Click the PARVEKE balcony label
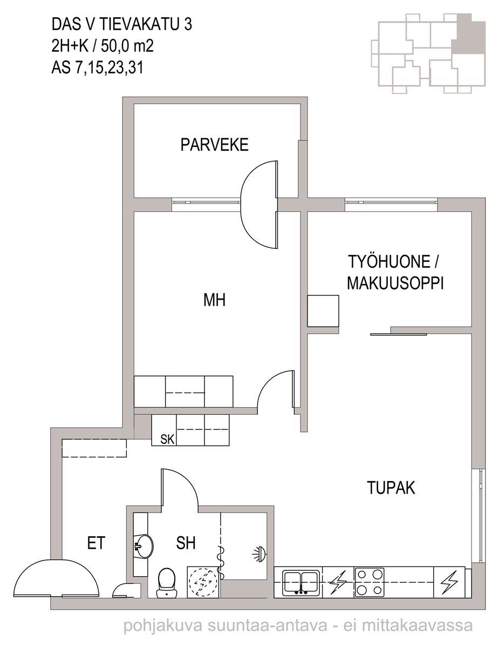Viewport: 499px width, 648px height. coord(214,145)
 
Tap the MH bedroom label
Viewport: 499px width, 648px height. coord(214,300)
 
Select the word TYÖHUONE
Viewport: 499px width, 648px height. coord(389,261)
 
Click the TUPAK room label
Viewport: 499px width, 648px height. coord(391,488)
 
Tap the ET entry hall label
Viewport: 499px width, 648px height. coord(96,543)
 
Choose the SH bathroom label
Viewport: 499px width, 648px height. coord(186,543)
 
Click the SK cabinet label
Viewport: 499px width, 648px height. coord(167,440)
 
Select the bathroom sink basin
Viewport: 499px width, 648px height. coord(143,546)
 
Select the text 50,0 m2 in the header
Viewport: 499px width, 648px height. coord(127,46)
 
